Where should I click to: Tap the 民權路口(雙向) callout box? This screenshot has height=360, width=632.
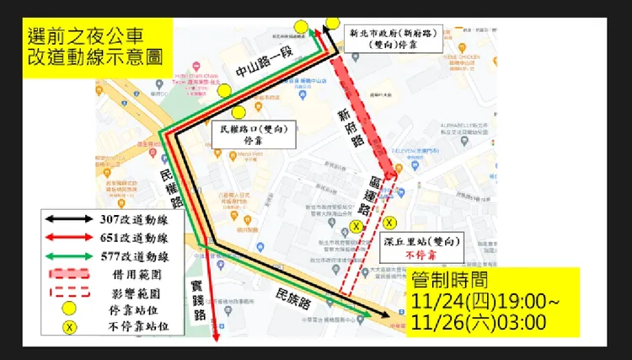[x=254, y=135]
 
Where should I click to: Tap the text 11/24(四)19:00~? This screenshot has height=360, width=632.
[x=481, y=302]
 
